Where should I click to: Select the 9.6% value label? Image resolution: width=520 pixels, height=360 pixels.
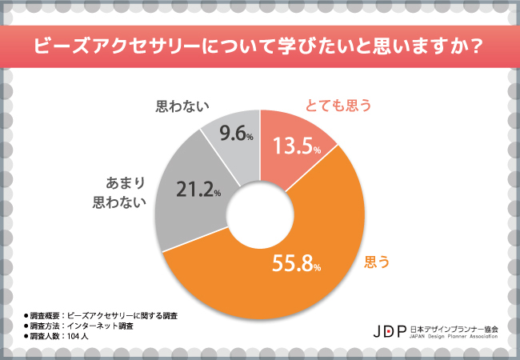click(x=235, y=134)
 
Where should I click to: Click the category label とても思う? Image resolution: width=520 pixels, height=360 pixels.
click(x=340, y=105)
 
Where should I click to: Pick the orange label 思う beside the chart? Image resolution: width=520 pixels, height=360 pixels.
click(x=377, y=261)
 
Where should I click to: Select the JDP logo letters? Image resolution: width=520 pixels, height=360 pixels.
click(x=391, y=330)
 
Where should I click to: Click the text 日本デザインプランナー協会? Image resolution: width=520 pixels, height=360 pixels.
click(x=454, y=327)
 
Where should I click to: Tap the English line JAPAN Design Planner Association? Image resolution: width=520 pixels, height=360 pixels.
click(x=454, y=337)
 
